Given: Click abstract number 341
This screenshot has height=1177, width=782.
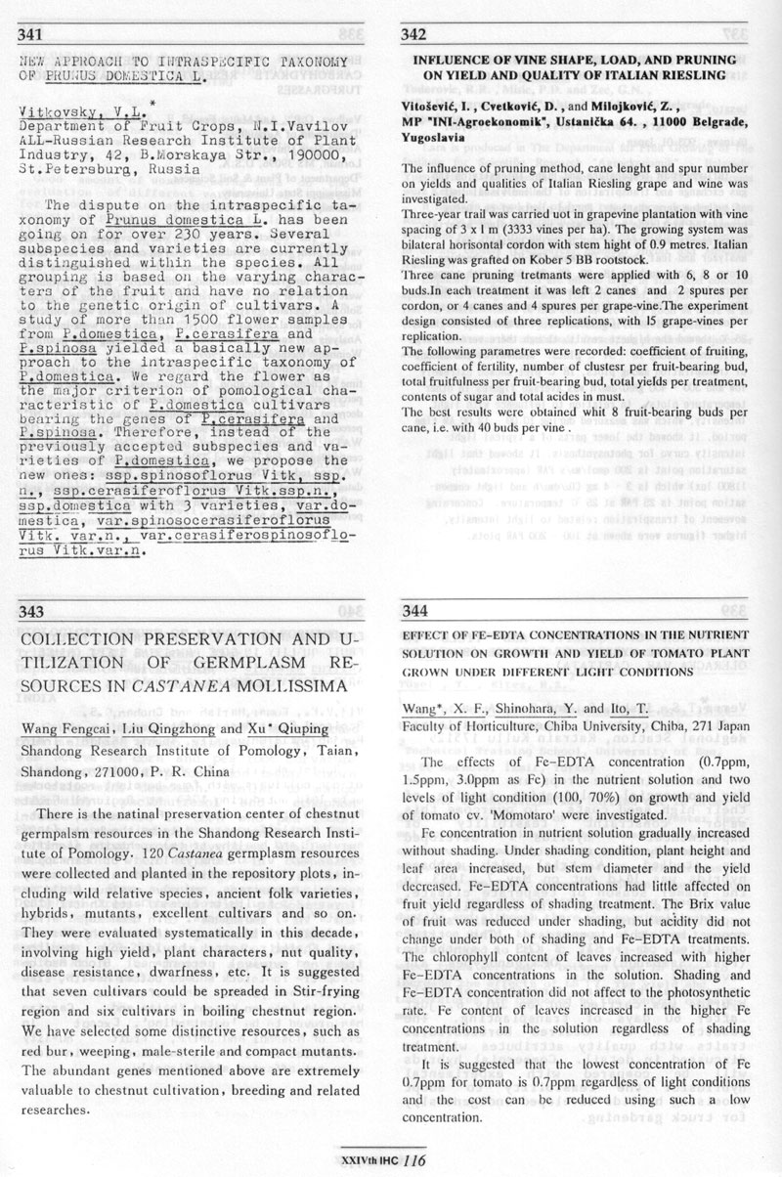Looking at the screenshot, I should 31,35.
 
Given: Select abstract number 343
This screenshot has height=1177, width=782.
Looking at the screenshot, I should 31,612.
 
